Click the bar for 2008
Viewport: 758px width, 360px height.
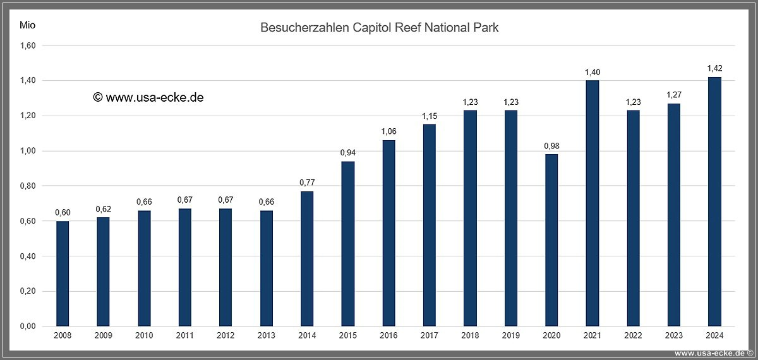[x=63, y=273]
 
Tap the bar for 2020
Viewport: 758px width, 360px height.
[x=551, y=240]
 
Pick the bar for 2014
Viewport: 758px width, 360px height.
[x=307, y=259]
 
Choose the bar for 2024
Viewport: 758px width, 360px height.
[x=714, y=201]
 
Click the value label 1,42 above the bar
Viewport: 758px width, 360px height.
[x=714, y=68]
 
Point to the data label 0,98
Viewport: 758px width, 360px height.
[x=551, y=146]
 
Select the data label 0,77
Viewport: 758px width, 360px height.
[x=307, y=183]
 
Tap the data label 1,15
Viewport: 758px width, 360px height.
[x=430, y=116]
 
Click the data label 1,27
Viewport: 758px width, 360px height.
[x=674, y=95]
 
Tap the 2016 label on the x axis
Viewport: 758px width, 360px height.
[x=388, y=336]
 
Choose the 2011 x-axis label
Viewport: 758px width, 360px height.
[x=184, y=336]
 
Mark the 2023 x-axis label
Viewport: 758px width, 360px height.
[x=674, y=336]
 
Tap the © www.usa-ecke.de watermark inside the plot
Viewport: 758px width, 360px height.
[x=148, y=97]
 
